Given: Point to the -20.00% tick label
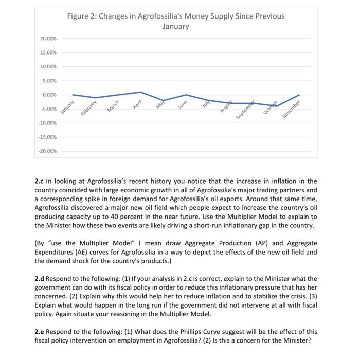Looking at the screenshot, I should (x=48, y=151).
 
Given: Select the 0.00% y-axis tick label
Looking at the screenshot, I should (x=50, y=95).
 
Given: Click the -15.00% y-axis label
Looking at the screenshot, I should (x=48, y=137).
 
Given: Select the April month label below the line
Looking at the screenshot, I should (x=137, y=103).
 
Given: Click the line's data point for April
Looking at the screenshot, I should (x=141, y=92).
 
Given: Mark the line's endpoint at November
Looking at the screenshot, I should (x=299, y=95).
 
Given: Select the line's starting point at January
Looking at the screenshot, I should (x=73, y=95).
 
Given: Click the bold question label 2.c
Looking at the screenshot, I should (x=39, y=182).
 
